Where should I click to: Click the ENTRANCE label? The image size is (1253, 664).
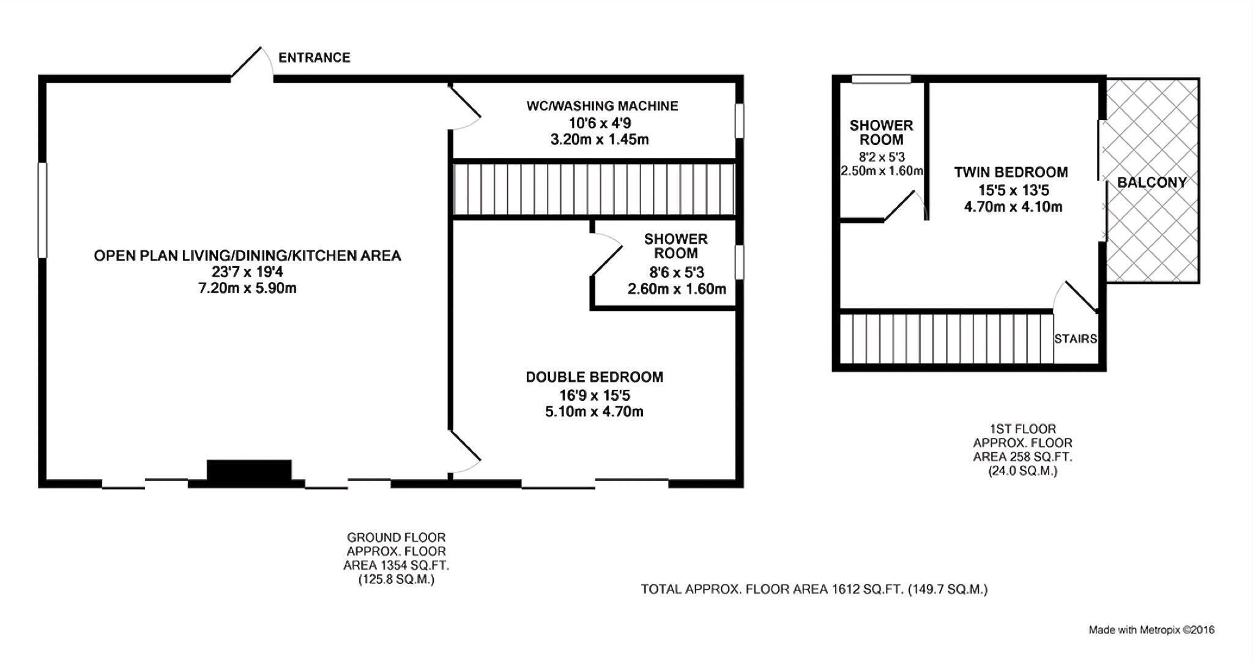(314, 58)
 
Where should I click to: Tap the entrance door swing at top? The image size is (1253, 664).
(251, 63)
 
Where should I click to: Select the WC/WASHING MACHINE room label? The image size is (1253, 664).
(603, 106)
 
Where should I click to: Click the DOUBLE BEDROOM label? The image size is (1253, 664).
(595, 377)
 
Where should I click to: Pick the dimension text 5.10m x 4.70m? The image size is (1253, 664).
(595, 412)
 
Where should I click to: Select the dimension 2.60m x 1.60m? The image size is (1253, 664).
(677, 289)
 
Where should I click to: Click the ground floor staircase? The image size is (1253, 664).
(593, 189)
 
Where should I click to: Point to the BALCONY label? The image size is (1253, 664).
(1152, 182)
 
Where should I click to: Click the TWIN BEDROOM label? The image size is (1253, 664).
(1011, 172)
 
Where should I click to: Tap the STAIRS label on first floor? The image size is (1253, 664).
(1076, 338)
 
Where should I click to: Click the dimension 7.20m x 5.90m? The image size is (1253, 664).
(248, 288)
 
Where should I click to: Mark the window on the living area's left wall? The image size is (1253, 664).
(42, 210)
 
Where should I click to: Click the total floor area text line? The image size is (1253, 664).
(814, 589)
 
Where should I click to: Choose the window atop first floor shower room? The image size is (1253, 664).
(882, 78)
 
